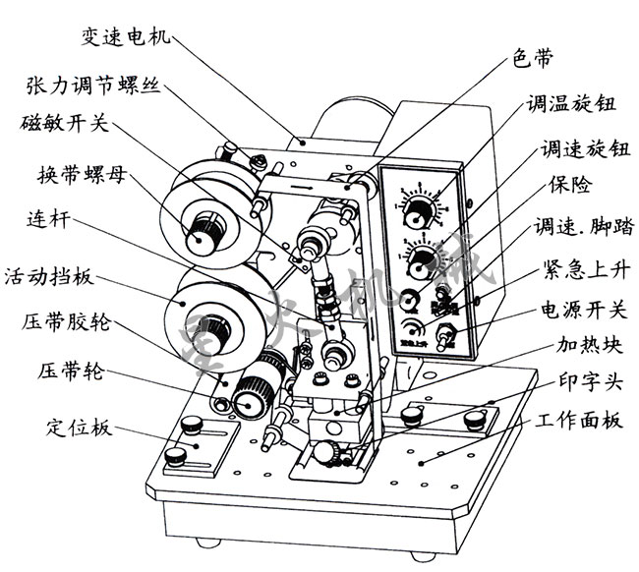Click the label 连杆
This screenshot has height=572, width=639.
tap(46, 224)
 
